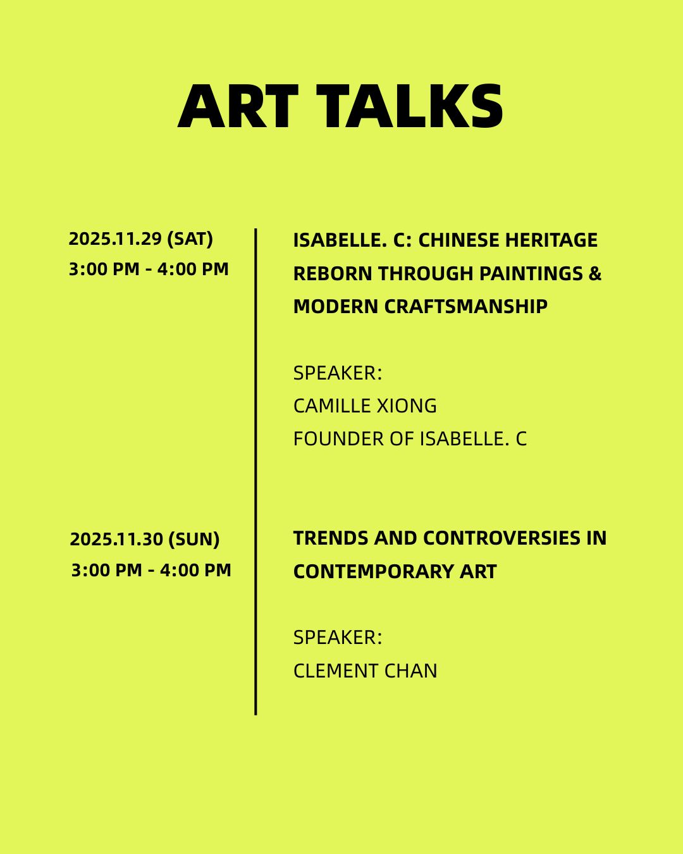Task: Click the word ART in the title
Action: (x=238, y=106)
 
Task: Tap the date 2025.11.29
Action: (x=116, y=239)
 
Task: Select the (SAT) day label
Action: (x=190, y=239)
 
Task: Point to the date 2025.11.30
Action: (x=116, y=539)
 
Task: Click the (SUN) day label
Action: (x=194, y=539)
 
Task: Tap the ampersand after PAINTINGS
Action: (x=595, y=273)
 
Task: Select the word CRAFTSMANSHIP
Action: (x=466, y=306)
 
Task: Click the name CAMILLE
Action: (x=332, y=405)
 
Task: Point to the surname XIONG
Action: (x=407, y=405)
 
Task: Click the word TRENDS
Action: (x=331, y=538)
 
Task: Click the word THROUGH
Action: (x=426, y=273)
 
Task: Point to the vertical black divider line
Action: (x=255, y=471)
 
